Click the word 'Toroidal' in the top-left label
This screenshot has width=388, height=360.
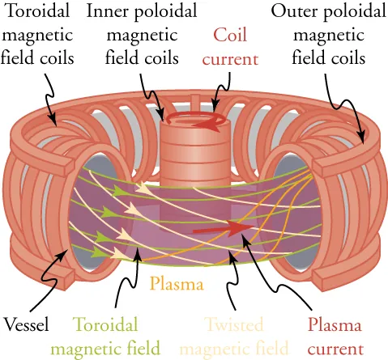coord(39,12)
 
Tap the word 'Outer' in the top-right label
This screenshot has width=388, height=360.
coord(292,12)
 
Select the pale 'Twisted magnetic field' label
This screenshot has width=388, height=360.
coord(233,337)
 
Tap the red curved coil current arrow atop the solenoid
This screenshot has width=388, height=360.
coord(211,124)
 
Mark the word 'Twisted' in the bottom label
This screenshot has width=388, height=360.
coord(233,325)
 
